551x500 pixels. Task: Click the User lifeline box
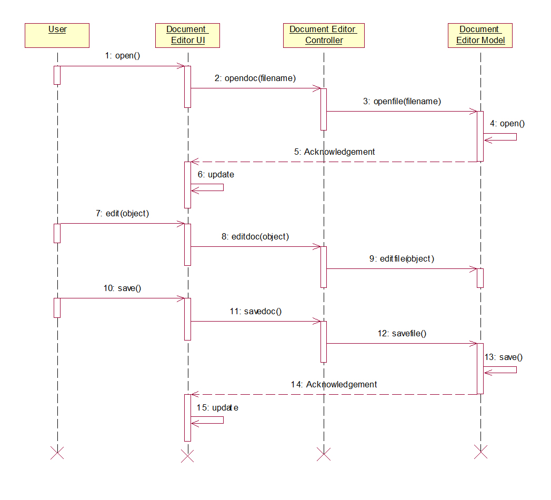pos(57,35)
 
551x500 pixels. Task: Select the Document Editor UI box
pos(187,35)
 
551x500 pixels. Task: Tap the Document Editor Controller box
pos(324,35)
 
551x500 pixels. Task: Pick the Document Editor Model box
pos(480,35)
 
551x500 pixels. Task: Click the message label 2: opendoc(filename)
pos(255,78)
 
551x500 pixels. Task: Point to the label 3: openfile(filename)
pos(402,101)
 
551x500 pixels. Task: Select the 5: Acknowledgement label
pos(335,152)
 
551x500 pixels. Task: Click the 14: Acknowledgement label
pos(334,384)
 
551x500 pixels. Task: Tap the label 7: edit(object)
pos(123,214)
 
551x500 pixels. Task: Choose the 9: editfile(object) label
pos(402,258)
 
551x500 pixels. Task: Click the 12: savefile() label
pos(402,333)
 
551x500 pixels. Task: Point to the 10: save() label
pos(123,288)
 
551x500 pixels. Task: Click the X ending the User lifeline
pos(57,452)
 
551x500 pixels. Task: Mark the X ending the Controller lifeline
pos(324,454)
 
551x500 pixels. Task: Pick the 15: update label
pos(217,407)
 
